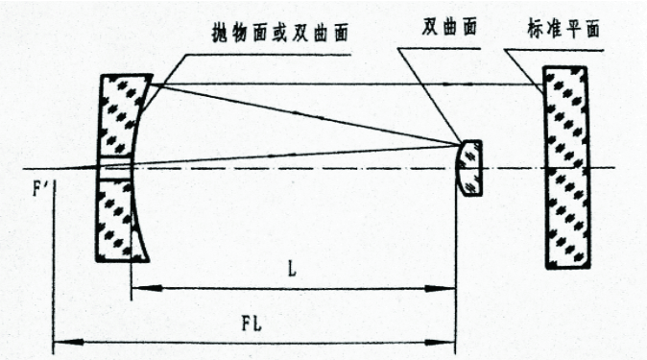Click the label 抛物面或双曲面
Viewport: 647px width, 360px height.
[280, 34]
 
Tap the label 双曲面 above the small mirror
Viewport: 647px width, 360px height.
[449, 27]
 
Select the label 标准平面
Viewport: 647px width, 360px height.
[563, 30]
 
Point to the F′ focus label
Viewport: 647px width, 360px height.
[41, 190]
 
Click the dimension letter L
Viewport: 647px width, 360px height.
[292, 270]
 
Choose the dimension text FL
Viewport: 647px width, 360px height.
[252, 324]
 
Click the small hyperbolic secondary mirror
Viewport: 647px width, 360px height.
[469, 168]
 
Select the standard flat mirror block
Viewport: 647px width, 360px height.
[567, 168]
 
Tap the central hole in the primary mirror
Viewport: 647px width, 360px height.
[114, 168]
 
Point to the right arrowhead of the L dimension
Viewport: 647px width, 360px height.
[441, 289]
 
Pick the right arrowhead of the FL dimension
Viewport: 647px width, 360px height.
[441, 343]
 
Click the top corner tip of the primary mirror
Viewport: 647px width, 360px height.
[153, 75]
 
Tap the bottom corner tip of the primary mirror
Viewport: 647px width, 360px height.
[149, 261]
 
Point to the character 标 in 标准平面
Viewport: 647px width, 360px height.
[536, 30]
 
